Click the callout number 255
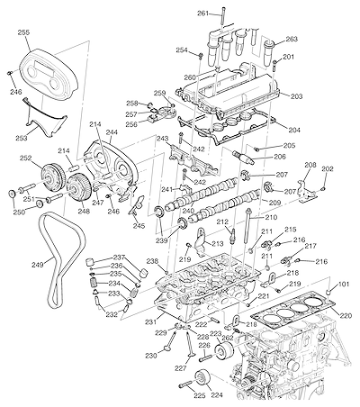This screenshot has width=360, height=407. pyautogui.click(x=23, y=32)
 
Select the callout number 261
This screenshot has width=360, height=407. pyautogui.click(x=203, y=14)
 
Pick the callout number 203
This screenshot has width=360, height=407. pyautogui.click(x=296, y=96)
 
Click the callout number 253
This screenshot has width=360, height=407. pyautogui.click(x=22, y=138)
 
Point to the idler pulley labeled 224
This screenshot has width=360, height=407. pyautogui.click(x=202, y=379)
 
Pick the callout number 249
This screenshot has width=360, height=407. pyautogui.click(x=38, y=265)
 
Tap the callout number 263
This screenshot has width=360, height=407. pyautogui.click(x=292, y=40)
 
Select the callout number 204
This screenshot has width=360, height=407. pyautogui.click(x=294, y=130)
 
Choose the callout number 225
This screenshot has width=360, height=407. pyautogui.click(x=200, y=395)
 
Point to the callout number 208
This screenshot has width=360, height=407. pyautogui.click(x=310, y=165)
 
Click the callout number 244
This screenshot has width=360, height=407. pyautogui.click(x=112, y=132)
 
